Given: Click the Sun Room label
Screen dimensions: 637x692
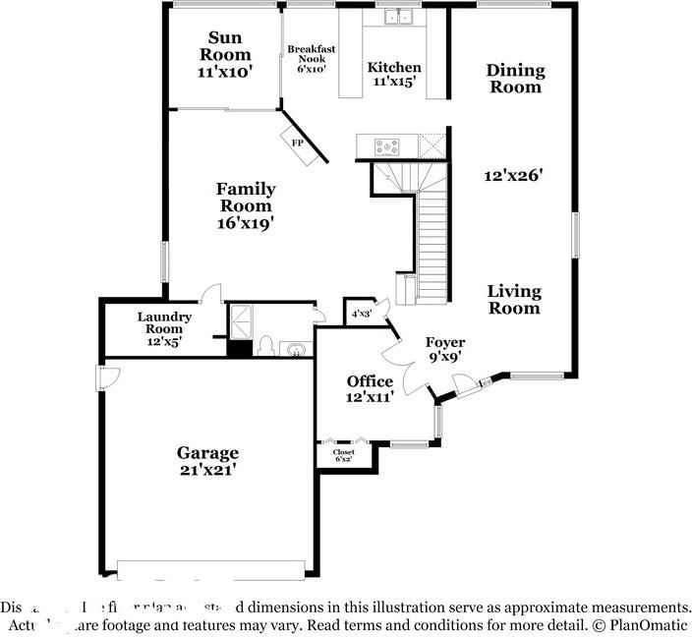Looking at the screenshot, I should (x=225, y=55).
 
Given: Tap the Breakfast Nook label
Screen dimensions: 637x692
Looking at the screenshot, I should (x=306, y=58).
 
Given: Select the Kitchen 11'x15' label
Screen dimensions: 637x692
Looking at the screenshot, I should (x=394, y=75).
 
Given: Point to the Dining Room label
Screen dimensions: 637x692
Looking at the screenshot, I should (x=515, y=78).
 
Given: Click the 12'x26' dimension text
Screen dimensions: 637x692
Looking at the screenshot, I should (x=514, y=176).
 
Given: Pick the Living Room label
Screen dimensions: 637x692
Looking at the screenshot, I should (x=514, y=299).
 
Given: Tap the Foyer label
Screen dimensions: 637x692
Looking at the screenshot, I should (x=444, y=349).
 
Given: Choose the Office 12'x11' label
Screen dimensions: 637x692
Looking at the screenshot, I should (x=370, y=388).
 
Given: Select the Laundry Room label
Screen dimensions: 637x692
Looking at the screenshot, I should (x=162, y=328).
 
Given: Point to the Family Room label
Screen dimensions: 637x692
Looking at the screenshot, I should (x=246, y=205).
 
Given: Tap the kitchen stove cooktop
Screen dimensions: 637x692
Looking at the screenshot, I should (x=387, y=147).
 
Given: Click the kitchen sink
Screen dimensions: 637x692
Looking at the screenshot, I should (x=396, y=16).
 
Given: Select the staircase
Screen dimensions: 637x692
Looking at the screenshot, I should (x=432, y=236).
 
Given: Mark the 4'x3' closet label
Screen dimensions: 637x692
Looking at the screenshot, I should (x=361, y=314).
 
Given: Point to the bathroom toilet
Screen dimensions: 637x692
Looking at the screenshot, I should (x=264, y=347).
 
